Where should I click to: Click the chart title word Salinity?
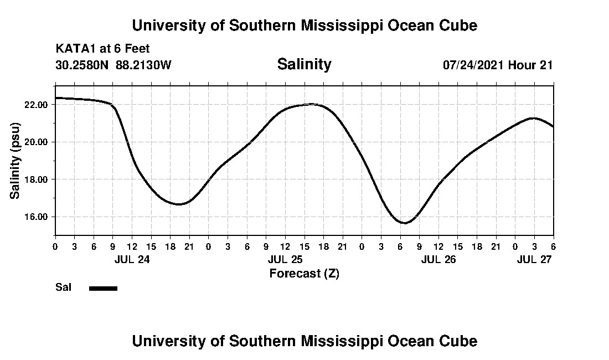click(x=304, y=64)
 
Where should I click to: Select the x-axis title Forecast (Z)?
click(x=304, y=274)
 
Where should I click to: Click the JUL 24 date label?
click(x=132, y=260)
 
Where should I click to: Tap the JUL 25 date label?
click(x=285, y=260)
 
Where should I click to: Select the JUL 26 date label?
click(x=438, y=260)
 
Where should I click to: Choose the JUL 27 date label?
click(x=534, y=260)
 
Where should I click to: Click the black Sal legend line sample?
click(x=103, y=288)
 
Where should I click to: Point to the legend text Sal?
click(x=63, y=287)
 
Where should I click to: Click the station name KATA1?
click(x=73, y=49)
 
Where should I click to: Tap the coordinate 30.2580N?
click(x=83, y=65)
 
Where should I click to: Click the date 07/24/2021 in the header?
click(x=473, y=65)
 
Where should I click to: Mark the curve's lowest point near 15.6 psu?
click(x=405, y=223)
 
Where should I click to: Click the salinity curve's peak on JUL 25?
click(x=311, y=104)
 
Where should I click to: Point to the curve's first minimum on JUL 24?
click(x=179, y=204)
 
